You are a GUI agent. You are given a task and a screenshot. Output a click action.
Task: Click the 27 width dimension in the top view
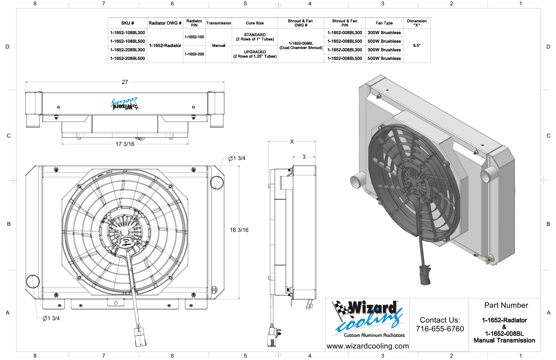click(125, 82)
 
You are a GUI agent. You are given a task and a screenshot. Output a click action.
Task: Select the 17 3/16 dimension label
click(125, 144)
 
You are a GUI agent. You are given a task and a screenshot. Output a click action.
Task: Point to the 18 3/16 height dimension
click(239, 230)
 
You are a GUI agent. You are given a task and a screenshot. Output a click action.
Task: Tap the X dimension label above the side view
click(292, 142)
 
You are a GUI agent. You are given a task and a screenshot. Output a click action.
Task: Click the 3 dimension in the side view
click(304, 157)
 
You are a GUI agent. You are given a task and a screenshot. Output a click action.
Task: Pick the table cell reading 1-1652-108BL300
click(128, 33)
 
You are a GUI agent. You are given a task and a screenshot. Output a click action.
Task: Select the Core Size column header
click(255, 23)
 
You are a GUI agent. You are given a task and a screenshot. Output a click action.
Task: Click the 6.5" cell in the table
click(417, 46)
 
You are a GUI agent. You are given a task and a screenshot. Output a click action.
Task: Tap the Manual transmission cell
click(219, 46)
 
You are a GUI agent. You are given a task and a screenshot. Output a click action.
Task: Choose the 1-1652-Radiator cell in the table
click(165, 46)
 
